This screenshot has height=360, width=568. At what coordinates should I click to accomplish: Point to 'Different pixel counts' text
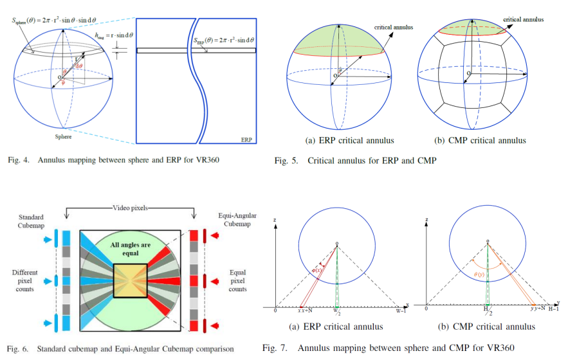click(24, 280)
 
